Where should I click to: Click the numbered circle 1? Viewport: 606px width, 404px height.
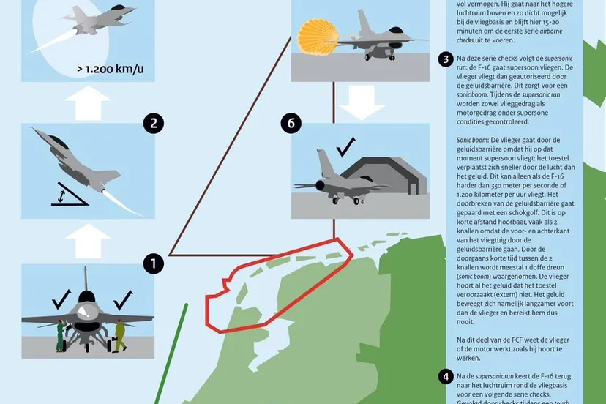[x=153, y=263]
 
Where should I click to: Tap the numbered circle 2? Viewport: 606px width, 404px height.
[x=152, y=123]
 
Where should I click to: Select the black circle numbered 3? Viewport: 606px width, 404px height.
[x=446, y=59]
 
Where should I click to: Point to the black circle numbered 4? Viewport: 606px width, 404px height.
[x=446, y=377]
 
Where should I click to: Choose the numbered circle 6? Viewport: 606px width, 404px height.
[x=291, y=123]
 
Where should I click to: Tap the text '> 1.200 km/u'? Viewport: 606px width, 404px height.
[x=110, y=70]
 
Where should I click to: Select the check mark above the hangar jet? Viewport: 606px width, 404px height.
[x=347, y=148]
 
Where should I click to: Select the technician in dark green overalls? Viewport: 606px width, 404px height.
[x=60, y=337]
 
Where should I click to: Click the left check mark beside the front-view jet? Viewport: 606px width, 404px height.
[x=61, y=299]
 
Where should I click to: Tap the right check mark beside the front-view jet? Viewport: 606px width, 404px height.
[x=122, y=299]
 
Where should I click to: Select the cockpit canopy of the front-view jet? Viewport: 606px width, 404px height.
[x=86, y=299]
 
